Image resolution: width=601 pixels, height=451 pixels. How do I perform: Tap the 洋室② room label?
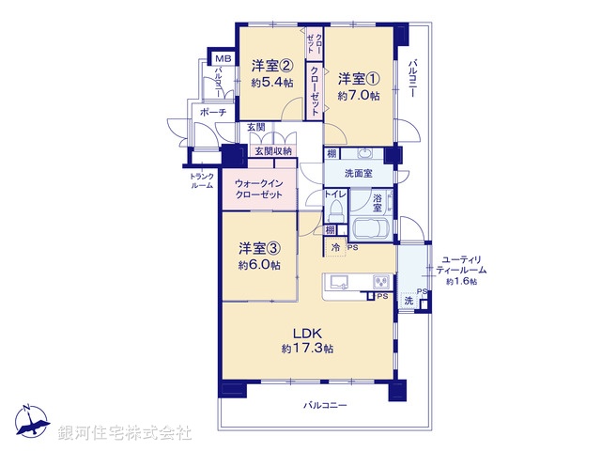[270, 66]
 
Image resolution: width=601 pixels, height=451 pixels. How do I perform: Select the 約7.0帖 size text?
[359, 95]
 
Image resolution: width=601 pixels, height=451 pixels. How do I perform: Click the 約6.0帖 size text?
[258, 266]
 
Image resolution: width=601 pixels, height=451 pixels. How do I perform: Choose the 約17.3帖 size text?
[307, 349]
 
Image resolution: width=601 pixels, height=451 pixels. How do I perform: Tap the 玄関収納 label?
[273, 151]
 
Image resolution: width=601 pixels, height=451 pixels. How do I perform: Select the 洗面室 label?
[359, 173]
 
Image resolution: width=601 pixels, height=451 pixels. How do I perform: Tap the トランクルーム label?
[201, 180]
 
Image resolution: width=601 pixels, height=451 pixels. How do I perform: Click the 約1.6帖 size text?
[461, 281]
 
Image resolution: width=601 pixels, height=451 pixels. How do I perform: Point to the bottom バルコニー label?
[325, 406]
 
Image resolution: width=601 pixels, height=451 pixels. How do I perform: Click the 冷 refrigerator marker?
[336, 247]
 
